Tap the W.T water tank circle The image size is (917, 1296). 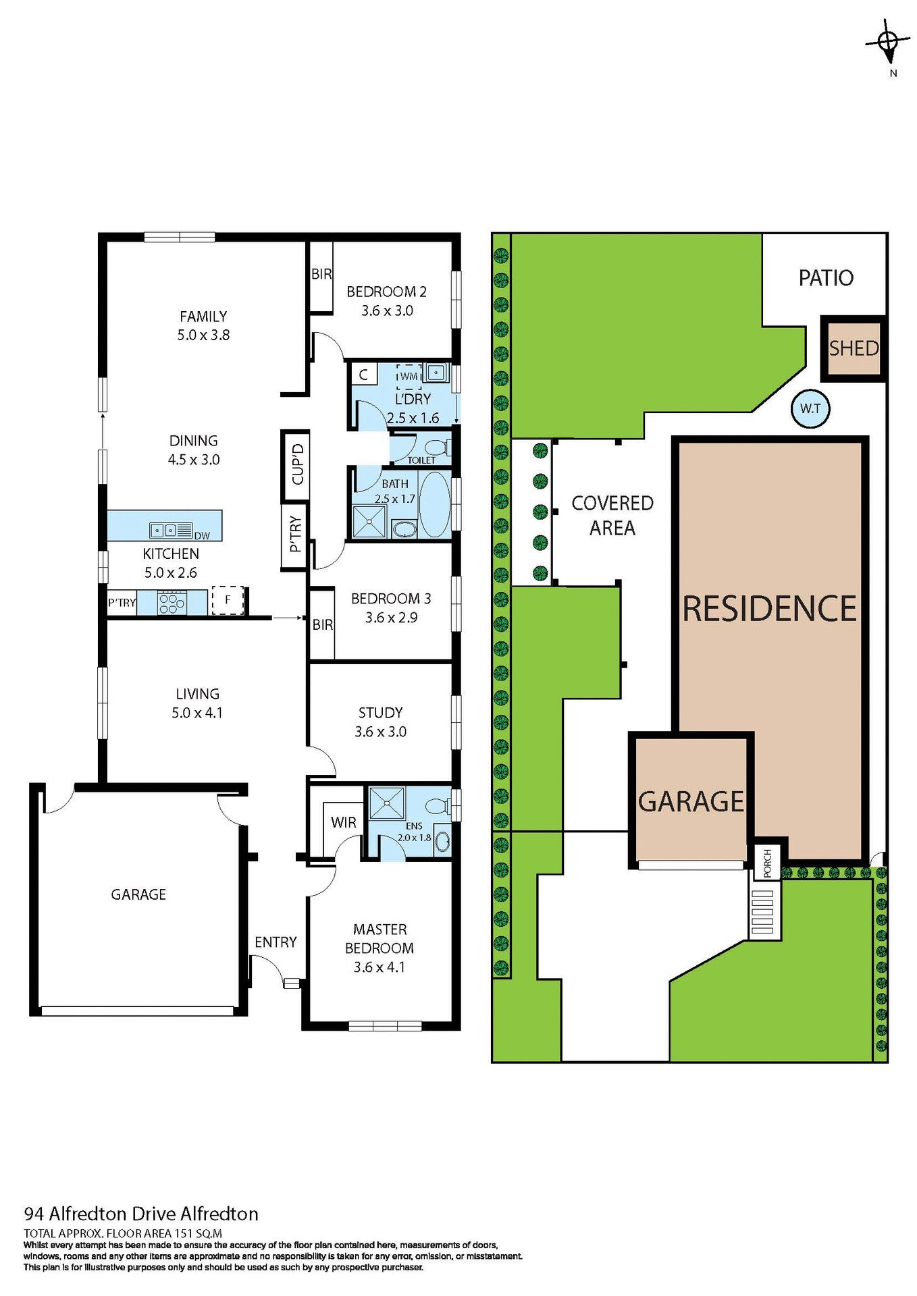pyautogui.click(x=810, y=408)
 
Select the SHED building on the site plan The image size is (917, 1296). pyautogui.click(x=854, y=348)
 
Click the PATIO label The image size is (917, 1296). pyautogui.click(x=825, y=278)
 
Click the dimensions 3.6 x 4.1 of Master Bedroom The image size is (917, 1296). pyautogui.click(x=379, y=967)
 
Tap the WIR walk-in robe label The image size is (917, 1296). pyautogui.click(x=343, y=822)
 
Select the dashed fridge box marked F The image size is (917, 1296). pyautogui.click(x=228, y=599)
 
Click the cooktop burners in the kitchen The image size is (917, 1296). pyautogui.click(x=172, y=602)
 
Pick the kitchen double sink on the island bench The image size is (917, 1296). pyautogui.click(x=163, y=531)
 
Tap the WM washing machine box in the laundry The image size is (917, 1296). pyautogui.click(x=409, y=376)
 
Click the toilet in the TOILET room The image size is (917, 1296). pyautogui.click(x=436, y=447)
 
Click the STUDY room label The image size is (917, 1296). pyautogui.click(x=380, y=713)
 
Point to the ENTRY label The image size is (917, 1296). pyautogui.click(x=276, y=942)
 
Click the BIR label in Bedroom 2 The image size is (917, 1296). pyautogui.click(x=321, y=274)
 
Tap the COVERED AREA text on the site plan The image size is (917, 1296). pyautogui.click(x=612, y=515)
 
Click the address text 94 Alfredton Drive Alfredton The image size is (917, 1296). pyautogui.click(x=141, y=1214)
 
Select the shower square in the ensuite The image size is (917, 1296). pyautogui.click(x=386, y=803)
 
